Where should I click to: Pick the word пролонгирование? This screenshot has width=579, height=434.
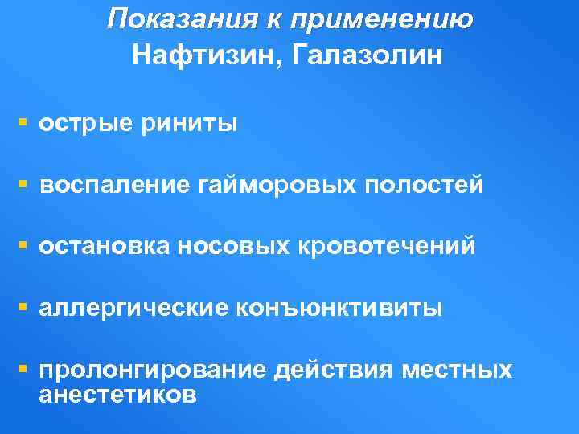(x=153, y=370)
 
